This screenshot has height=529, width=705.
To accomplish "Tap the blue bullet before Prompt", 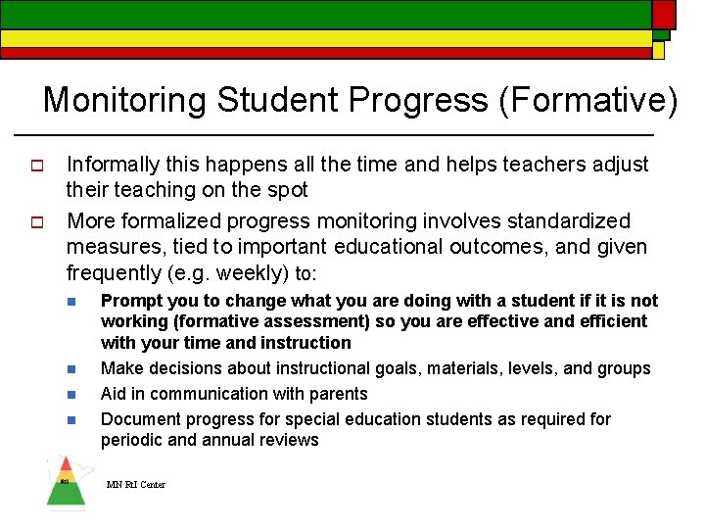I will [x=71, y=301].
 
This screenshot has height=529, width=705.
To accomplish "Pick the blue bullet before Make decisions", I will [x=71, y=369].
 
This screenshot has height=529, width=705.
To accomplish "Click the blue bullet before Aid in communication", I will [x=71, y=395].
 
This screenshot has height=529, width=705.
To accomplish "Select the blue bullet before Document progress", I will [x=71, y=420].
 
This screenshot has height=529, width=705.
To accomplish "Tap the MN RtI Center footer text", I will [x=136, y=485].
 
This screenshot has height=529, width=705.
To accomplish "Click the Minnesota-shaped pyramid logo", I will [x=66, y=482].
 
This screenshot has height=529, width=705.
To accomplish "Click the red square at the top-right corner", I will [x=663, y=14].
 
